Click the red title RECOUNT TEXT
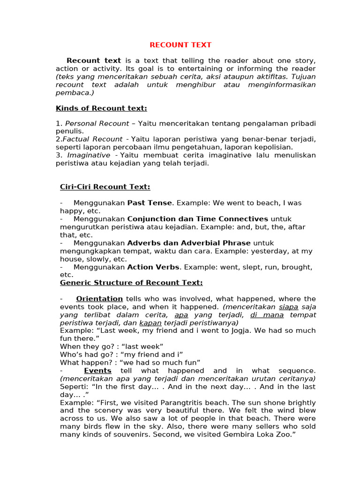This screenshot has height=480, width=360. point(180,45)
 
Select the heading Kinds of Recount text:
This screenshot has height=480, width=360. point(101,109)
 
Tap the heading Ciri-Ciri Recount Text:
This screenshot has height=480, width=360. point(105,187)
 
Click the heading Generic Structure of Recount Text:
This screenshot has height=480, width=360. point(131,283)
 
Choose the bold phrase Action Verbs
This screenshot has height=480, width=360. point(153,267)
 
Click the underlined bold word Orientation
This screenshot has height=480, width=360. point(99,299)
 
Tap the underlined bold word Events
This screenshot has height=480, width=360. point(97,371)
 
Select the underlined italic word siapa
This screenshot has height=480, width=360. point(289,307)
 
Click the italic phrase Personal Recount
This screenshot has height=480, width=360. point(97,124)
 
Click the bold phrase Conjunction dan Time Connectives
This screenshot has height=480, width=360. point(197,219)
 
